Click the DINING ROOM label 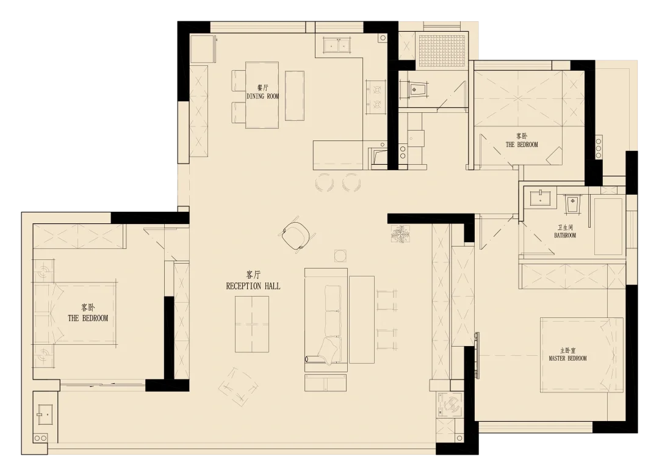point(262,96)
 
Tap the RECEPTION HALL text point(253,286)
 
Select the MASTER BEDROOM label point(567,358)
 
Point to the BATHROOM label point(565,236)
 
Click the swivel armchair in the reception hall point(298,236)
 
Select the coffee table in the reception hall point(252,324)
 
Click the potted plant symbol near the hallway point(400,234)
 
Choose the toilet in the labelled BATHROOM point(572,203)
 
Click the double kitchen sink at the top point(337,45)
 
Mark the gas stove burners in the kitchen point(375,96)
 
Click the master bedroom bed point(582,355)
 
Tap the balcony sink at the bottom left point(44,414)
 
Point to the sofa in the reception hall point(326,320)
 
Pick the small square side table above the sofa point(340,256)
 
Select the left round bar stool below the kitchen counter point(325,183)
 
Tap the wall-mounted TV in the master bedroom point(477,355)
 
